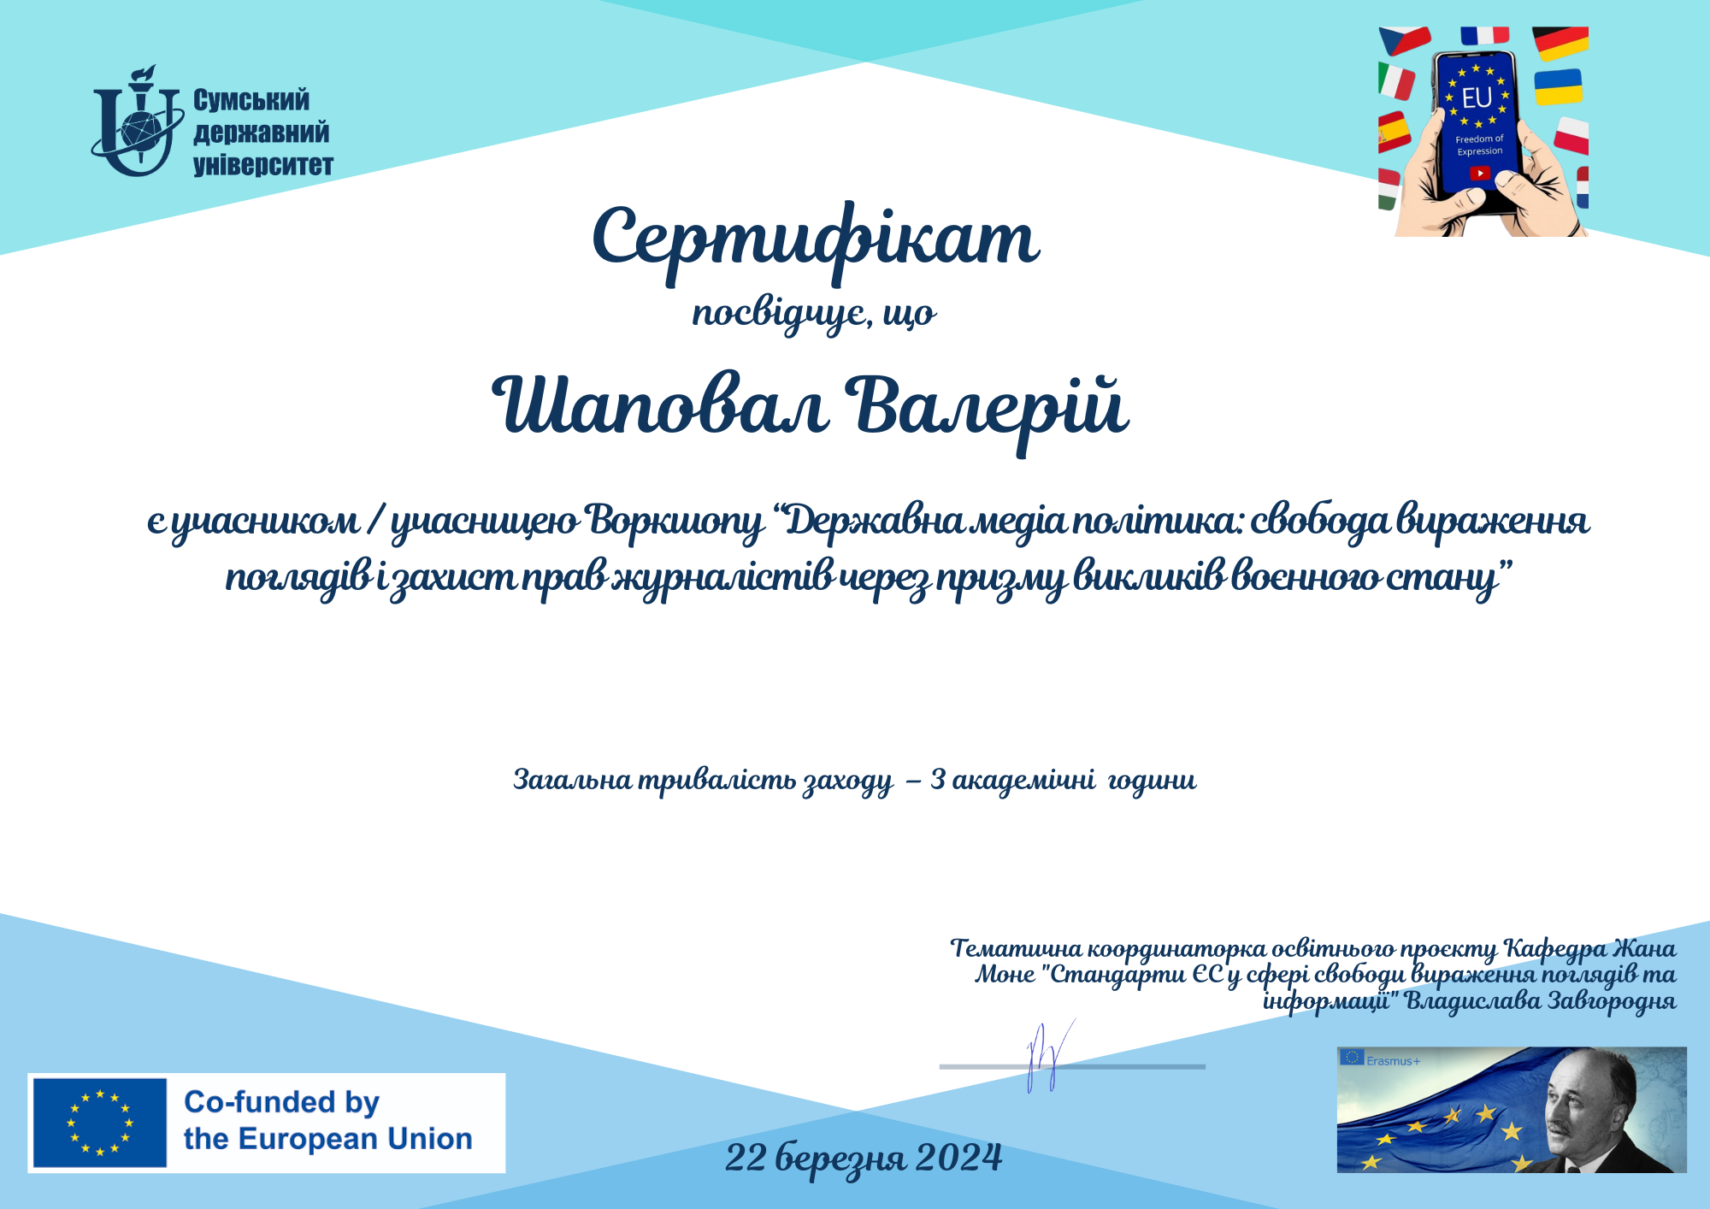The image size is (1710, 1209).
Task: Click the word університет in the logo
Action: (x=263, y=164)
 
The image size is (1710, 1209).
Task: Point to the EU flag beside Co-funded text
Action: (x=99, y=1122)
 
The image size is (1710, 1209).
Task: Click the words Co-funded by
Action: (x=281, y=1103)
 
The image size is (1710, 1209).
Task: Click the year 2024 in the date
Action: (x=958, y=1158)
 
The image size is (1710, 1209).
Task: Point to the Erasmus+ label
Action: (x=1393, y=1061)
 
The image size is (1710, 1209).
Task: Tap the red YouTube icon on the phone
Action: (x=1479, y=174)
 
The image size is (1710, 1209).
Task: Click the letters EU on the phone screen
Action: (x=1477, y=98)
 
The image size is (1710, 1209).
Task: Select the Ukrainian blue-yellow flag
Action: (x=1558, y=87)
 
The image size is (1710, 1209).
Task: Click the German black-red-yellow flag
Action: (x=1560, y=43)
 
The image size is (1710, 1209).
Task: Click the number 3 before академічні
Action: (x=938, y=780)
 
